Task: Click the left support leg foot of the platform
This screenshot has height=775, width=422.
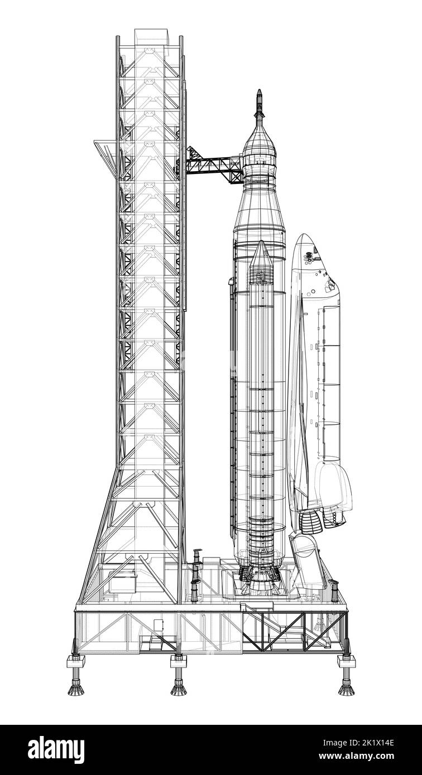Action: [x=77, y=689]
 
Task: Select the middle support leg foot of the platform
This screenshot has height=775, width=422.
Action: [x=179, y=689]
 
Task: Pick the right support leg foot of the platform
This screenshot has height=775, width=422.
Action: [x=346, y=689]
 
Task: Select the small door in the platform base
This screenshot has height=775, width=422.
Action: [x=159, y=624]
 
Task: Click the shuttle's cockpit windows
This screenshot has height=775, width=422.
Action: [x=309, y=257]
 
